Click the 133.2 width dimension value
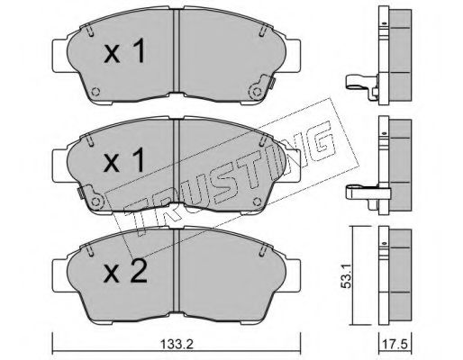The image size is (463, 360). pos(177,345)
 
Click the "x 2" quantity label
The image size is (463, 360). pos(125,271)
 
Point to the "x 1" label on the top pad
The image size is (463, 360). pos(124,51)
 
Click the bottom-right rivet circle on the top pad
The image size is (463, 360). pos(256,92)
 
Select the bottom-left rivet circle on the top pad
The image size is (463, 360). pos(95,92)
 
